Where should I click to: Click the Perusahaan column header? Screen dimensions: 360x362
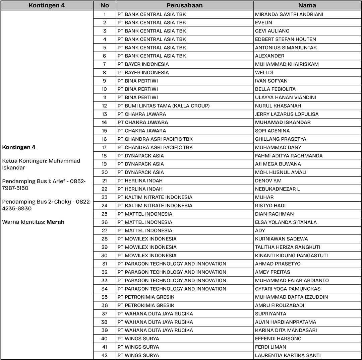(184, 5)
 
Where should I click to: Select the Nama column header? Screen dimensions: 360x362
(307, 5)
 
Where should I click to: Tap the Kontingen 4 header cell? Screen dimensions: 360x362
(47, 5)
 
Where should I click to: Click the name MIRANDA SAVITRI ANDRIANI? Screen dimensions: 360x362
(284, 14)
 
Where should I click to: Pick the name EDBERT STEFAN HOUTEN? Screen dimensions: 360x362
(285, 39)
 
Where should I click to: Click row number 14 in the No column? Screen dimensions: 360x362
(105, 122)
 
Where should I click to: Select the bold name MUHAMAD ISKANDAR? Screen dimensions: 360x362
(283, 122)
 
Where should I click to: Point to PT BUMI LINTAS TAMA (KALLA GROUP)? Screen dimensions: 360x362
(163, 106)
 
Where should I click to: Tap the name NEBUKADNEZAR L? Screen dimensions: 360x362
(277, 189)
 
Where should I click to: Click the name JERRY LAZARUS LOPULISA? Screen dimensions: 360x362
(287, 114)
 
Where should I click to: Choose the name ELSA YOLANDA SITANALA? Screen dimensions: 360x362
(286, 222)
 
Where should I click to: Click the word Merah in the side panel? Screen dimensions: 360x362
(56, 222)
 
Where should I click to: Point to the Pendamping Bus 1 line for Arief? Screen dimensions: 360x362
(44, 185)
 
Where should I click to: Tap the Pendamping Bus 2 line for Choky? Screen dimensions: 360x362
(47, 205)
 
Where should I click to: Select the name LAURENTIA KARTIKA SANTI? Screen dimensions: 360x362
(288, 355)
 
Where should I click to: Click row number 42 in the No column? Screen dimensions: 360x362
(105, 355)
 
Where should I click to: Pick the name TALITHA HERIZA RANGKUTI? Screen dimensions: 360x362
(288, 247)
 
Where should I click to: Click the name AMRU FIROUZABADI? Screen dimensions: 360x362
(280, 305)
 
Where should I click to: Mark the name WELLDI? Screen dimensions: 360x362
(264, 72)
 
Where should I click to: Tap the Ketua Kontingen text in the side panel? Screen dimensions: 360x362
(41, 164)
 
